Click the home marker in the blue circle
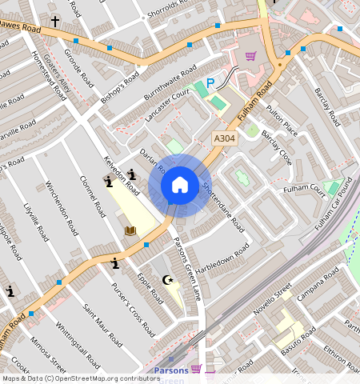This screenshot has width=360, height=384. point(180,186)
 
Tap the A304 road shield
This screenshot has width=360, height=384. point(225,139)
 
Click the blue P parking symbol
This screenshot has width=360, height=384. point(210,82)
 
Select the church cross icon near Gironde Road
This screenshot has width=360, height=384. point(55,21)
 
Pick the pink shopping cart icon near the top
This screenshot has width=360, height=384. point(250,56)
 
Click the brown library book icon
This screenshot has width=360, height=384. point(130,230)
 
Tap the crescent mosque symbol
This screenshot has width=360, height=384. point(168,280)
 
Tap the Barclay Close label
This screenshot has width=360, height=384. point(276,146)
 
